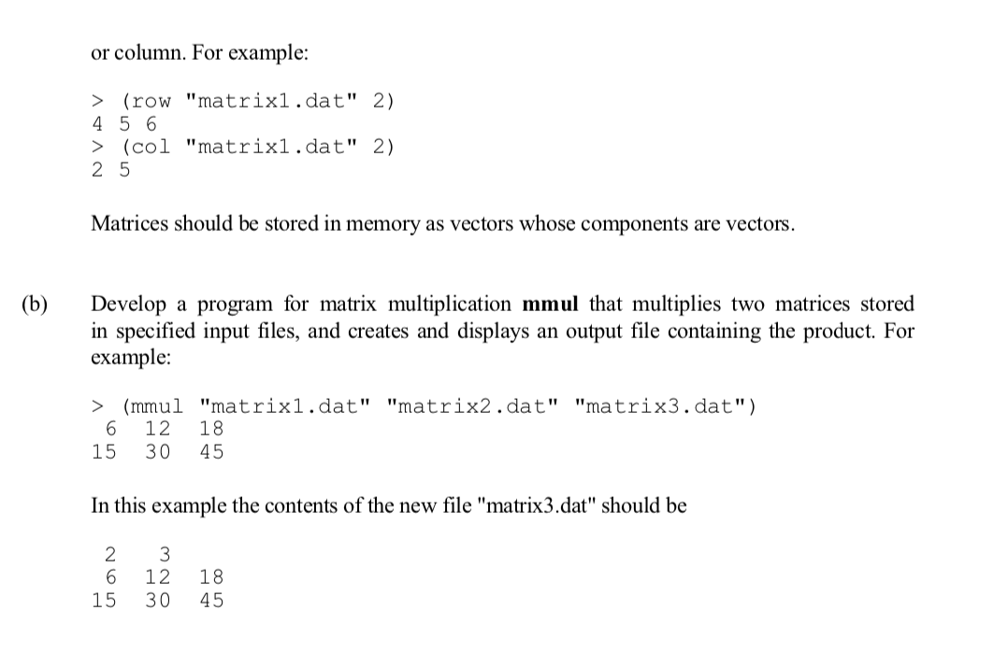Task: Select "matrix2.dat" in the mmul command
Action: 471,406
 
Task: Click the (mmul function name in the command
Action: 153,406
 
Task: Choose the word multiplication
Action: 449,305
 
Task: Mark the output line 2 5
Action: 110,170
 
